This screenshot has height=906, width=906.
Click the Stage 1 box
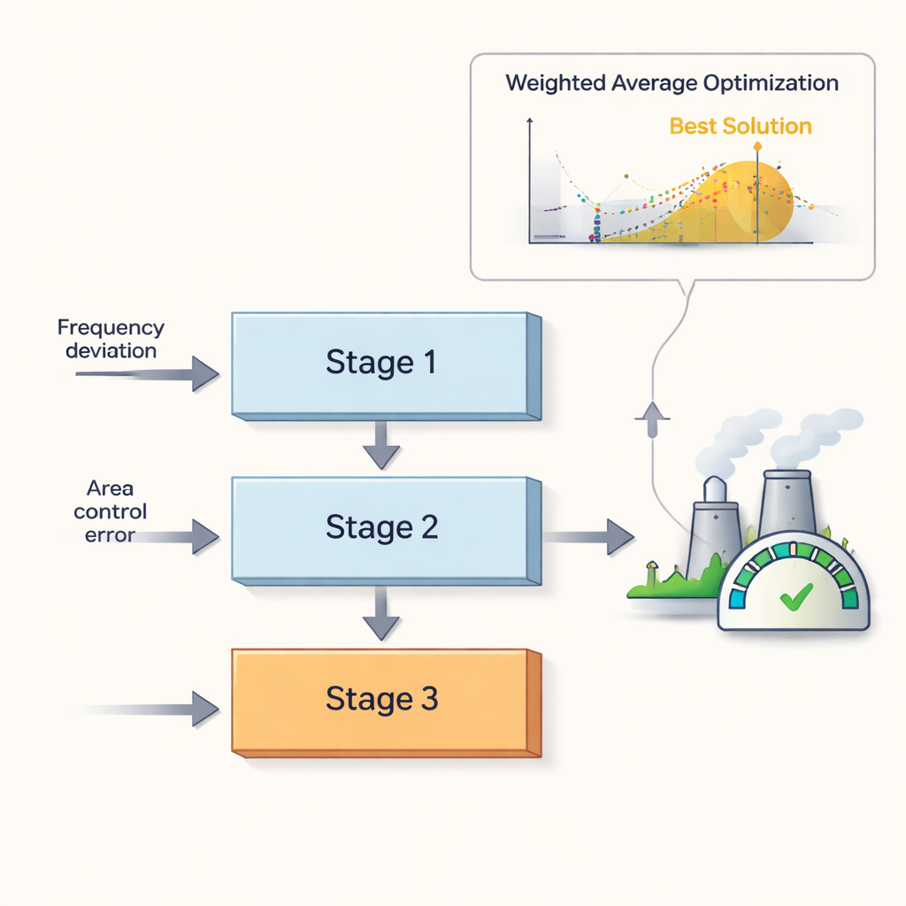[x=382, y=363]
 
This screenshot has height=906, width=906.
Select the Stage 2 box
[x=382, y=527]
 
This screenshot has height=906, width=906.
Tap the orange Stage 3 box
[x=382, y=699]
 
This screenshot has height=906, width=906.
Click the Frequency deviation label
[x=111, y=339]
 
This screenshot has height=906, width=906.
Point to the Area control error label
[x=111, y=511]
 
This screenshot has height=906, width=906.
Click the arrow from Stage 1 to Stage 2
[x=381, y=446]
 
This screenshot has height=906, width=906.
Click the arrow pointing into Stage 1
[x=150, y=374]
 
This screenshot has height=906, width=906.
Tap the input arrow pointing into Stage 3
[x=150, y=709]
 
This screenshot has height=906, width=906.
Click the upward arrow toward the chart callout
[x=653, y=418]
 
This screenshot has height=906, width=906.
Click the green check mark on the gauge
[x=792, y=599]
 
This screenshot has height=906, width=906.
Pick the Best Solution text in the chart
[x=740, y=126]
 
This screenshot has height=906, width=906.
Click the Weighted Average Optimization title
[x=672, y=83]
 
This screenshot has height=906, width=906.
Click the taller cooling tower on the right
[x=787, y=500]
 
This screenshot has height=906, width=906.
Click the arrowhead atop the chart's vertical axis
[x=529, y=123]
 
